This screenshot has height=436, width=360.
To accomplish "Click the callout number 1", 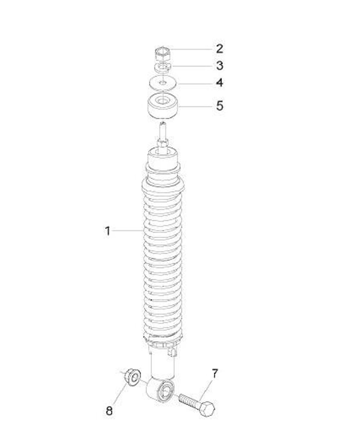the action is tap(107, 231).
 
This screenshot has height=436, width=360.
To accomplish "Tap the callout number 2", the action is tap(219, 48).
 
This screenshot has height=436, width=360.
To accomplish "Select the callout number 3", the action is tap(219, 65).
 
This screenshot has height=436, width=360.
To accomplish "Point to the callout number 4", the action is tap(219, 82).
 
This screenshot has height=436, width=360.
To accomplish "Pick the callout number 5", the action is tap(219, 105).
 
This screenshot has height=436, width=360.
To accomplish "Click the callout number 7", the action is tap(215, 373).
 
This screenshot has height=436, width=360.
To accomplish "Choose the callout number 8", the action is tap(109, 410).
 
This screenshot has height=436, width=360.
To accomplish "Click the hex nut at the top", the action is tap(162, 54).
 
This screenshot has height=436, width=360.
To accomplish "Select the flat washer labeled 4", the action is tap(162, 83).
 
